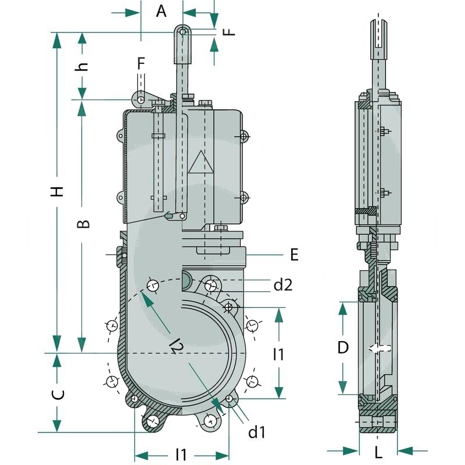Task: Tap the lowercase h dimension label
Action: [x=83, y=65]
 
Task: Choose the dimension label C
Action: [x=58, y=395]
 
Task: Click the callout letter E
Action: [x=294, y=254]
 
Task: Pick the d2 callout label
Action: [x=282, y=284]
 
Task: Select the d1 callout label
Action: [x=256, y=432]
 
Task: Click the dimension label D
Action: [x=343, y=348]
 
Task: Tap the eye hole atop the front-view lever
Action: [x=183, y=32]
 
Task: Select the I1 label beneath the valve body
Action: [x=181, y=453]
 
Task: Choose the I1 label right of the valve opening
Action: [x=279, y=353]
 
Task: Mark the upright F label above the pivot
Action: [x=141, y=63]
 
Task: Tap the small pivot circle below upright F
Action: [x=141, y=100]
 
